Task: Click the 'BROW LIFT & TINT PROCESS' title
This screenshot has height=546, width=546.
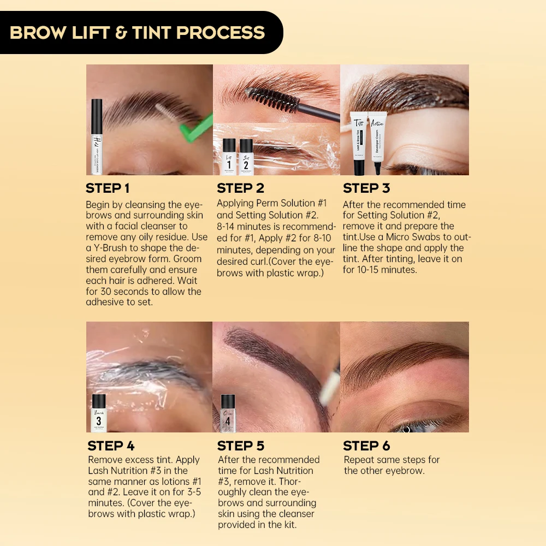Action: pyautogui.click(x=137, y=32)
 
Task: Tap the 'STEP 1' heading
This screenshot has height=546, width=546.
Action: pyautogui.click(x=108, y=188)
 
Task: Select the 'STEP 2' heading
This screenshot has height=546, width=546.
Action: pyautogui.click(x=240, y=188)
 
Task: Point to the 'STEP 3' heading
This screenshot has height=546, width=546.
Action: pyautogui.click(x=366, y=188)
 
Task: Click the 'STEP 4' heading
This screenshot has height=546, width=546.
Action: pyautogui.click(x=111, y=446)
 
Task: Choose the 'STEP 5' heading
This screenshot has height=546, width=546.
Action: pyautogui.click(x=241, y=446)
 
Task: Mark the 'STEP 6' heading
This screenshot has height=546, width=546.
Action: pyautogui.click(x=367, y=446)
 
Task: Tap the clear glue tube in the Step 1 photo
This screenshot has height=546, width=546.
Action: pyautogui.click(x=97, y=136)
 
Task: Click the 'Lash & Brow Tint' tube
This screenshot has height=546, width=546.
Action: pyautogui.click(x=358, y=143)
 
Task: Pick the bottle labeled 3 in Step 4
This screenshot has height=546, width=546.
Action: pyautogui.click(x=99, y=413)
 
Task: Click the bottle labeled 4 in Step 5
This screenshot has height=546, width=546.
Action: pyautogui.click(x=228, y=413)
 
